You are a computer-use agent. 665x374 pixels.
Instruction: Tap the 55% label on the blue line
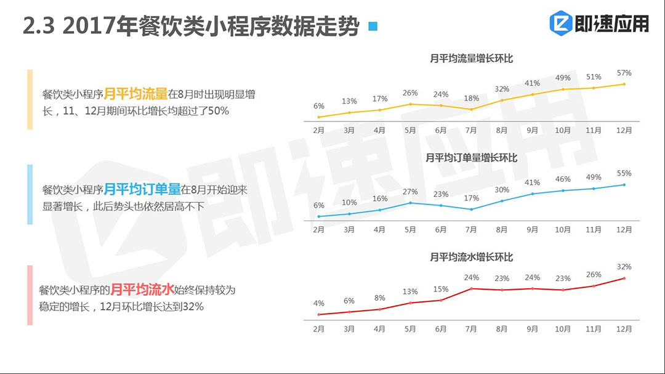624,174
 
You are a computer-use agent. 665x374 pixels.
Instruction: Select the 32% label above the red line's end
624,267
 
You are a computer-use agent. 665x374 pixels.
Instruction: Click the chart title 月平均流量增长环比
472,59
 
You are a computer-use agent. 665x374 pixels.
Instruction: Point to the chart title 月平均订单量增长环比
472,158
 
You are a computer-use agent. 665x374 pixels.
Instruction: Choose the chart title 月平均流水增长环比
472,257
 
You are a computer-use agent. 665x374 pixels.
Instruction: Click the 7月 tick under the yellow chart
471,131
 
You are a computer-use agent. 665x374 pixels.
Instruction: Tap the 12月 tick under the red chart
624,329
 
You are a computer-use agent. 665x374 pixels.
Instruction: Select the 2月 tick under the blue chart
318,230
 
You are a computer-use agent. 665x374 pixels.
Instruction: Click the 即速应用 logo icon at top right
561,23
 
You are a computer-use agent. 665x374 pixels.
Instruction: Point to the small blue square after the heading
372,26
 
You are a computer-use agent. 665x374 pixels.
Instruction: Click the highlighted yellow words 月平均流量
135,94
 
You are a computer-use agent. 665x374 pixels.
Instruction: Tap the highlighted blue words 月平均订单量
142,190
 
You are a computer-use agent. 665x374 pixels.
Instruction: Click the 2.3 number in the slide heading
39,26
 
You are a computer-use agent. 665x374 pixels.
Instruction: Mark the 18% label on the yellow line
471,99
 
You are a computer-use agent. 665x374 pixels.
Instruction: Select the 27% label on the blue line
410,192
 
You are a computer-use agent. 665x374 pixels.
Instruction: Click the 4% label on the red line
318,303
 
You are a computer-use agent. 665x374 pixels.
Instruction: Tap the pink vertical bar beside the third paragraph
30,295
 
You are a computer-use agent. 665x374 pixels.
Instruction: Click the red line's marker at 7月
471,288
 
